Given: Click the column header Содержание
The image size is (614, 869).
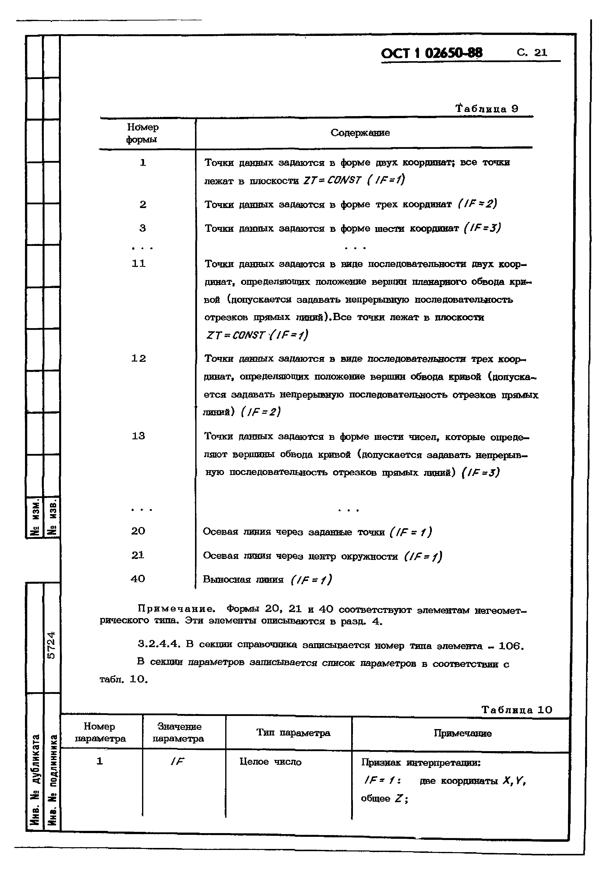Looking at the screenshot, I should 360,132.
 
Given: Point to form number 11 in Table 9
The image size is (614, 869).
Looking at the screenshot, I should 138,263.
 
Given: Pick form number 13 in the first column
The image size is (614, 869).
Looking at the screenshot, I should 138,436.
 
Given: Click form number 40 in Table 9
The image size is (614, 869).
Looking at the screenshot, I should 138,579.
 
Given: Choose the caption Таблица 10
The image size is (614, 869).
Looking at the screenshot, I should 516,710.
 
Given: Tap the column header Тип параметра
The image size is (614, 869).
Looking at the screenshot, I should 293,733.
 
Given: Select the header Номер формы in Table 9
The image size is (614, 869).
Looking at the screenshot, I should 142,133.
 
